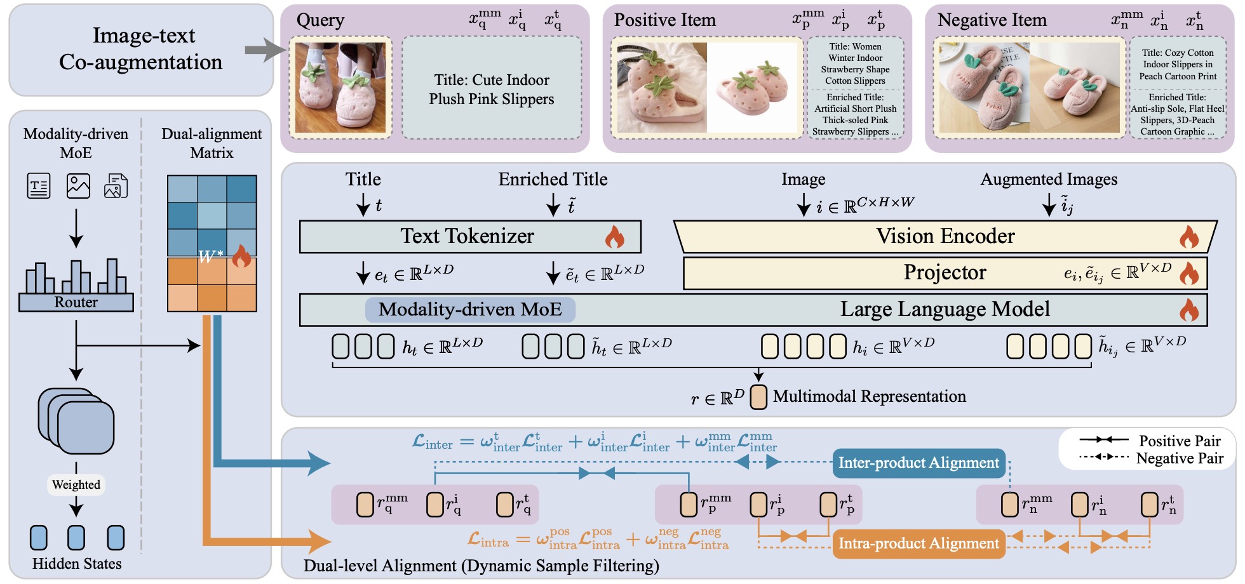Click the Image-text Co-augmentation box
tap(140, 50)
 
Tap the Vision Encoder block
tap(945, 236)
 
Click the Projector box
tap(945, 272)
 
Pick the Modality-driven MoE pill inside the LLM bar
tap(470, 309)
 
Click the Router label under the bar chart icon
tap(76, 302)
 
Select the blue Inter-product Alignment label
tap(919, 463)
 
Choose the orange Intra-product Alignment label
tap(919, 543)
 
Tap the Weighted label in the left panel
tap(76, 485)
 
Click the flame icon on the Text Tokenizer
tap(614, 237)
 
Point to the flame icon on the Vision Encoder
tap(1188, 237)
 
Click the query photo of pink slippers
tap(340, 88)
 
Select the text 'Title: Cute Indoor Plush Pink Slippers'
tap(492, 90)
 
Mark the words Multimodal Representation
tap(869, 397)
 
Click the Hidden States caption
tap(77, 564)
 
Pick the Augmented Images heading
tap(1049, 180)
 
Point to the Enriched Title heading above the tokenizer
tap(553, 180)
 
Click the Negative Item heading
tap(992, 20)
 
